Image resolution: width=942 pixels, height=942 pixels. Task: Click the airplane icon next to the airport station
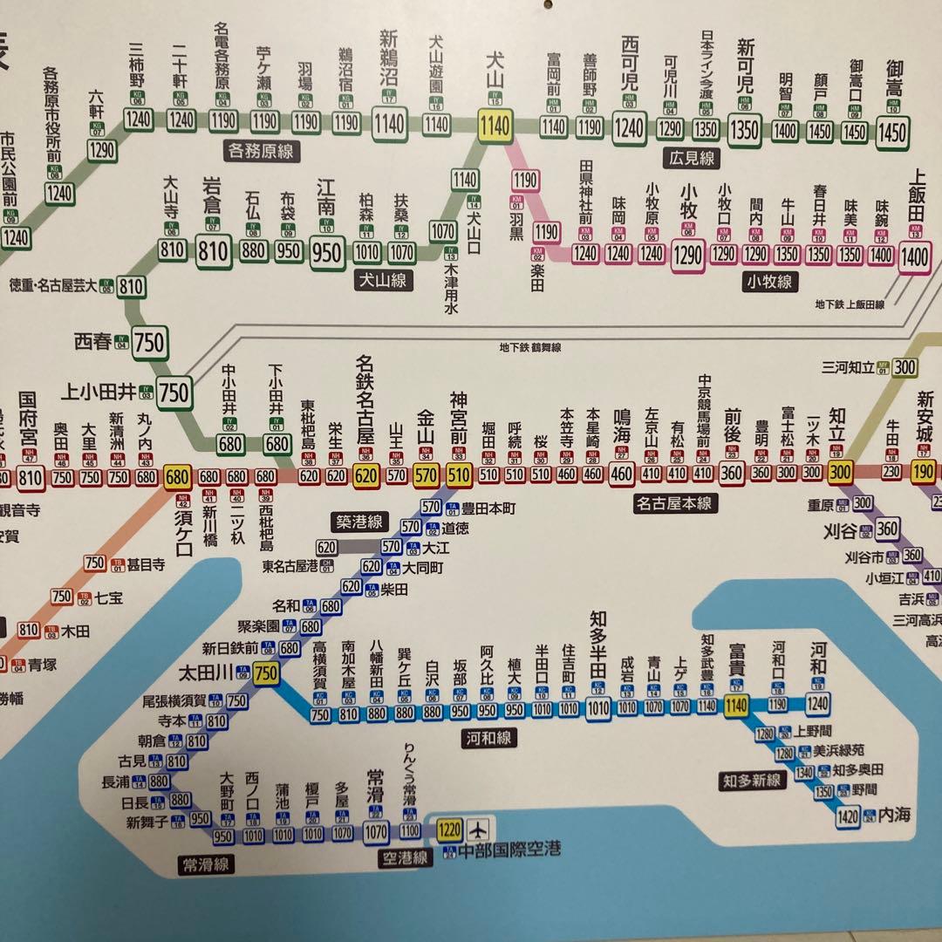(x=480, y=828)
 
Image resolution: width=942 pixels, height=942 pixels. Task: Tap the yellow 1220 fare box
(x=450, y=828)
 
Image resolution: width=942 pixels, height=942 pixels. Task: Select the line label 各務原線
(x=260, y=151)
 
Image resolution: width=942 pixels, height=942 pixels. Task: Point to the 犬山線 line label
(x=385, y=281)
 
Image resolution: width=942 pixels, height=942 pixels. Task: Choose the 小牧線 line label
(x=769, y=281)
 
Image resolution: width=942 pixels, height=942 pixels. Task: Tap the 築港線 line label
(x=358, y=522)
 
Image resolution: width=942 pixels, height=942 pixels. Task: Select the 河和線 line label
(x=488, y=739)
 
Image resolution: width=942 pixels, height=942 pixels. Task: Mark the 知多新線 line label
(x=751, y=780)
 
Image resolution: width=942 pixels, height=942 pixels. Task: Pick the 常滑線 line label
(x=206, y=863)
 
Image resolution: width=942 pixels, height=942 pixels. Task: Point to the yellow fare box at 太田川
(x=266, y=672)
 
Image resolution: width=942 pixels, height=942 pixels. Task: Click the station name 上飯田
(x=916, y=195)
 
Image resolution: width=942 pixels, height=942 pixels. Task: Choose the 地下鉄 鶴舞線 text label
(x=530, y=347)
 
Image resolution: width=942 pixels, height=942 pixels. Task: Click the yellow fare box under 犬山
(x=494, y=126)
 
